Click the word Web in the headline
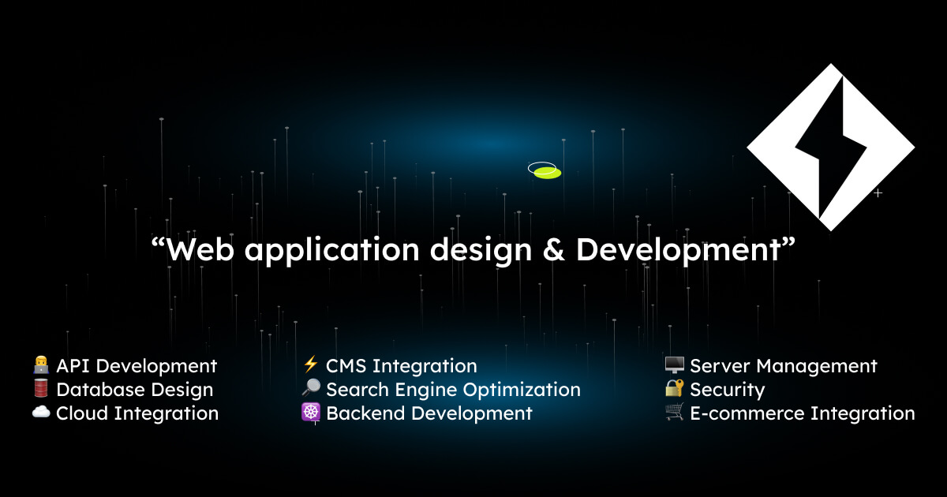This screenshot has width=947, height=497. pyautogui.click(x=200, y=250)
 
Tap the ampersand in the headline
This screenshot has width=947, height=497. pyautogui.click(x=553, y=250)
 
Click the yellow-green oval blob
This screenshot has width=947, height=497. pyautogui.click(x=548, y=173)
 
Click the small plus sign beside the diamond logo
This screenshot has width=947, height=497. pyautogui.click(x=878, y=193)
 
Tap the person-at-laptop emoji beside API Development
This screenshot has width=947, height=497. pyautogui.click(x=41, y=364)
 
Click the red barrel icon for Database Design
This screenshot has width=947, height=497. pyautogui.click(x=41, y=388)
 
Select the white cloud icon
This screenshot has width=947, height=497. pyautogui.click(x=41, y=412)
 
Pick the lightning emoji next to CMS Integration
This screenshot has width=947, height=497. pyautogui.click(x=311, y=364)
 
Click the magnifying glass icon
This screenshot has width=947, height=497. pyautogui.click(x=311, y=387)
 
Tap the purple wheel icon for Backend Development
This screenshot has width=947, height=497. pyautogui.click(x=311, y=412)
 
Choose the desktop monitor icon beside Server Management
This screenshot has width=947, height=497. pyautogui.click(x=674, y=364)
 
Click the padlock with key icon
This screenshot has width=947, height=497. pyautogui.click(x=674, y=388)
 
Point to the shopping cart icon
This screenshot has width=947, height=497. pyautogui.click(x=674, y=412)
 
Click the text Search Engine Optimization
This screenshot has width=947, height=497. pyautogui.click(x=453, y=390)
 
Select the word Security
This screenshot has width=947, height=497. pyautogui.click(x=728, y=390)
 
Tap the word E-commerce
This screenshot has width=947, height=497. pyautogui.click(x=747, y=413)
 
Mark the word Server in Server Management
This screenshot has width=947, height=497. pyautogui.click(x=720, y=366)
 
